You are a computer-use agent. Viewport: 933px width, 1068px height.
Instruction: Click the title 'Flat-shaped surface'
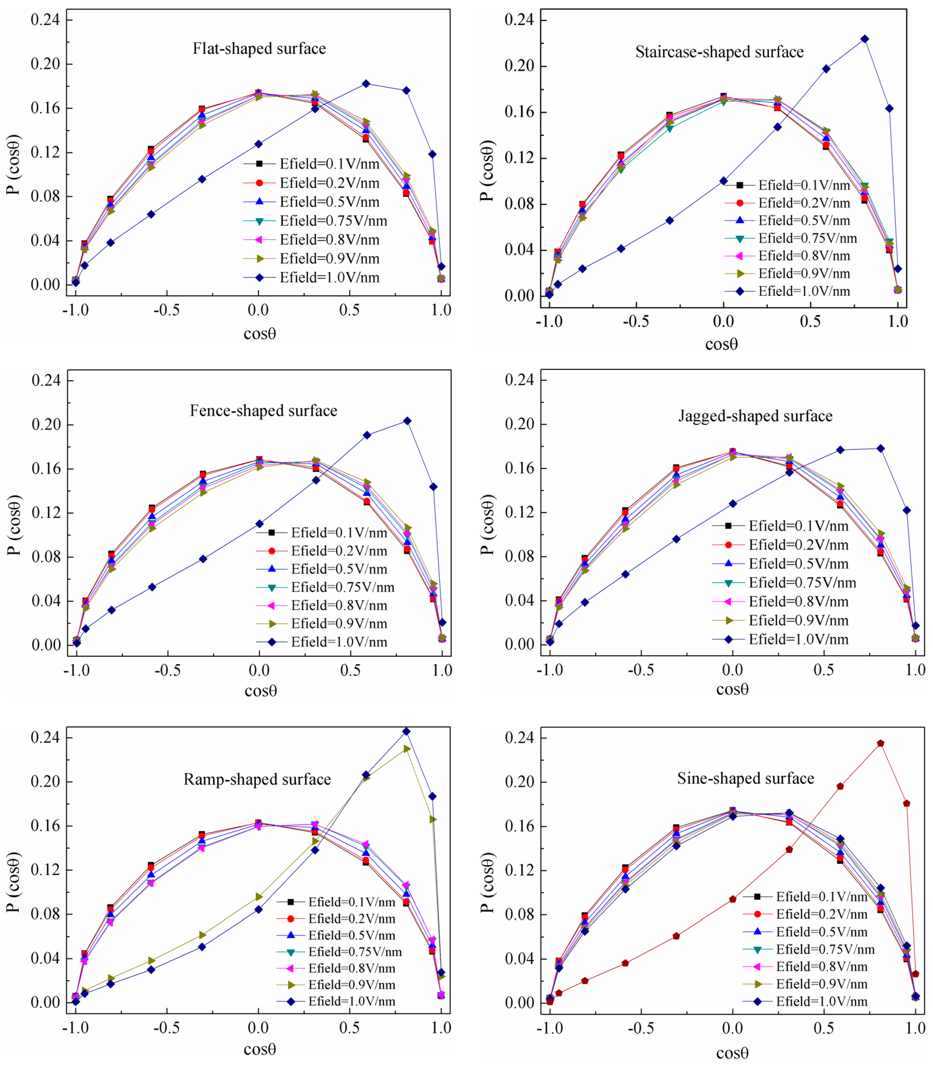259,48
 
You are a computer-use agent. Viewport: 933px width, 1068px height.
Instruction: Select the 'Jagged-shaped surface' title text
755,416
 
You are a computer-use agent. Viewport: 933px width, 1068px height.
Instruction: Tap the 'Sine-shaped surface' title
746,779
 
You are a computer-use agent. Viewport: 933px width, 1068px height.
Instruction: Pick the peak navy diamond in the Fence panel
407,421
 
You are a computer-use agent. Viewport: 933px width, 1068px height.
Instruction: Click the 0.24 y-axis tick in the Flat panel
45,20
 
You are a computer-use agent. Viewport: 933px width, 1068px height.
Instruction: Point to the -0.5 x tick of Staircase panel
636,321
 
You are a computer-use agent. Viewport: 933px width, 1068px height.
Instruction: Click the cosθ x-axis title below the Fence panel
260,691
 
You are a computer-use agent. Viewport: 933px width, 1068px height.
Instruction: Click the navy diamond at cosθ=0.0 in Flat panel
258,144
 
